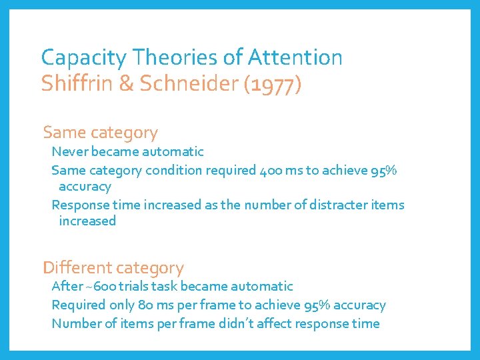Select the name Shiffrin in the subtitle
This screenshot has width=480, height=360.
click(x=67, y=85)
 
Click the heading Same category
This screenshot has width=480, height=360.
click(x=100, y=133)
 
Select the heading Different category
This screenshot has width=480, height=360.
click(x=113, y=268)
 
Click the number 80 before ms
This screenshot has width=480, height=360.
click(x=144, y=305)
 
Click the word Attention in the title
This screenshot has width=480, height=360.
click(x=295, y=58)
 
